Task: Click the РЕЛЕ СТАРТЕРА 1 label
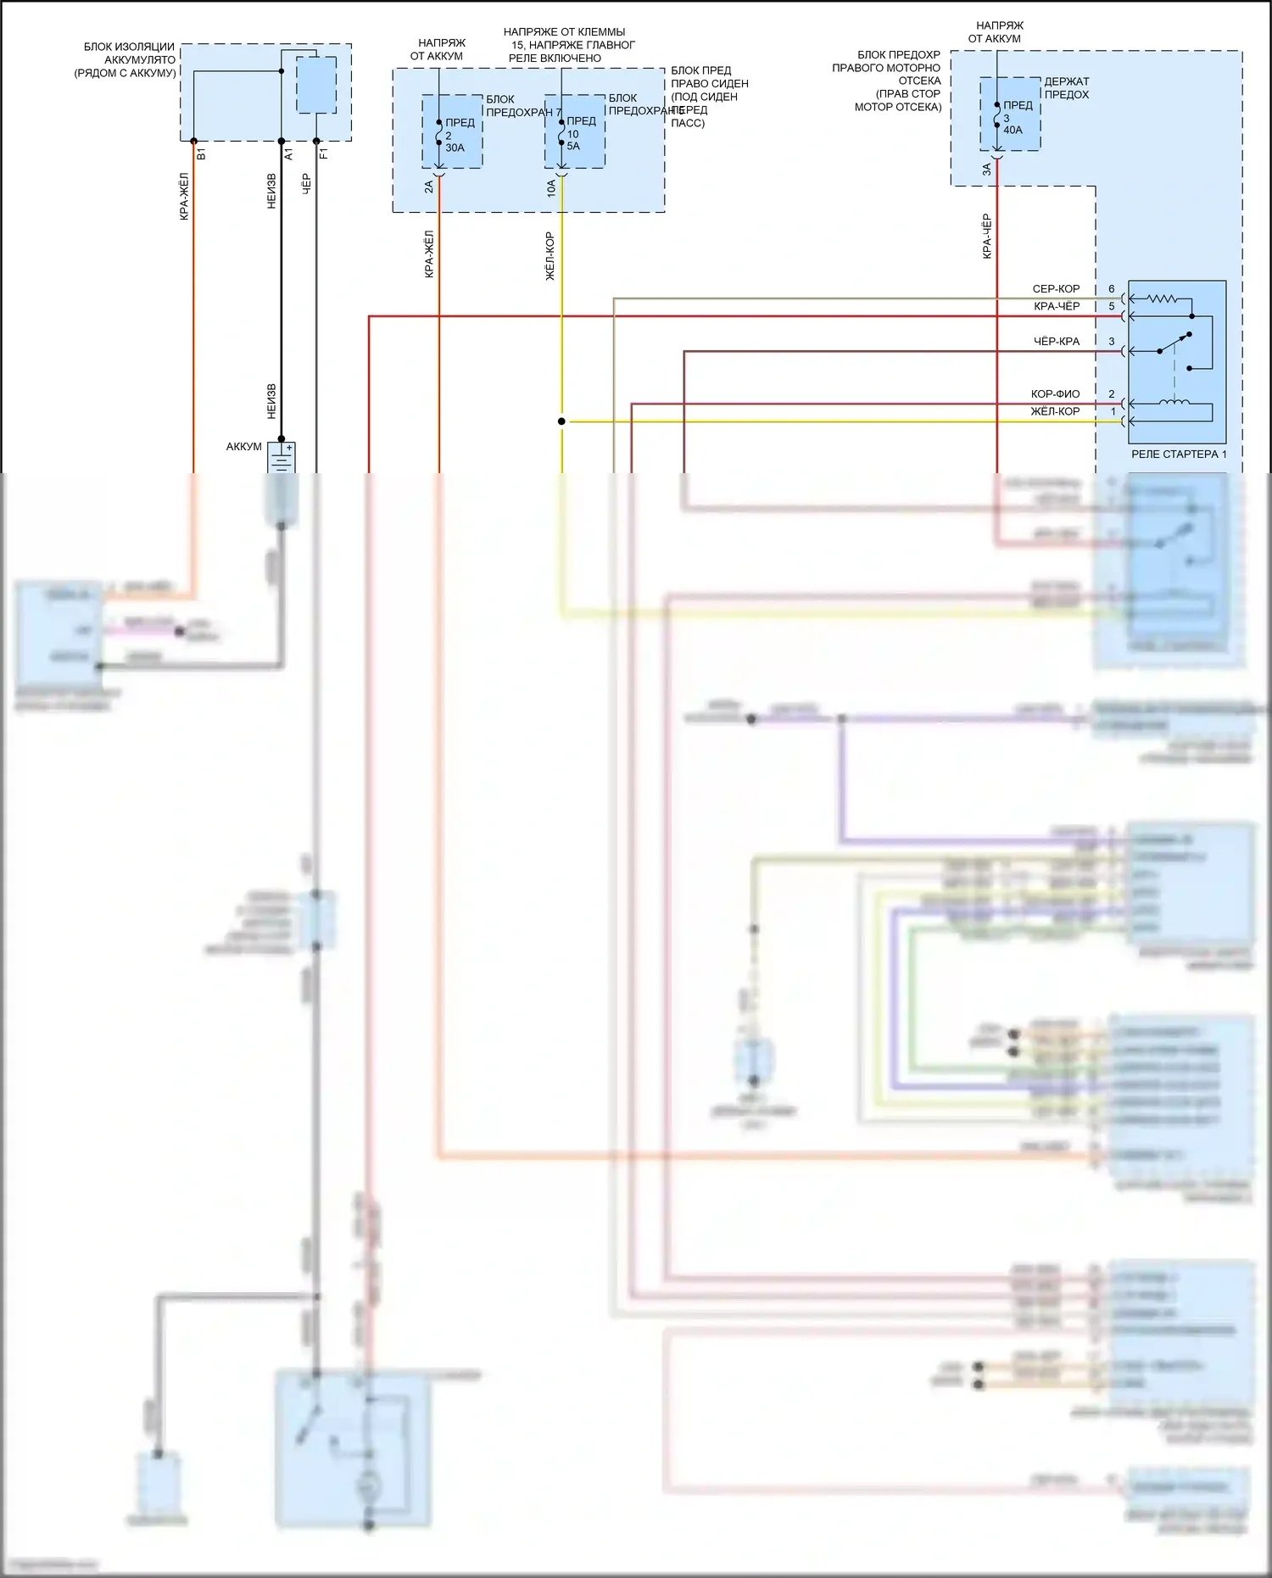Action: pyautogui.click(x=1178, y=454)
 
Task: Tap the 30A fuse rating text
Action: pyautogui.click(x=455, y=148)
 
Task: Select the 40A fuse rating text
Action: pyautogui.click(x=1013, y=130)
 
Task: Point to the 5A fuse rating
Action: pyautogui.click(x=573, y=146)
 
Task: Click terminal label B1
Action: pyautogui.click(x=201, y=154)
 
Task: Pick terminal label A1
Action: pyautogui.click(x=288, y=154)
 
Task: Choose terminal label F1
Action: pyautogui.click(x=323, y=154)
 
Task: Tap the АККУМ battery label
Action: pyautogui.click(x=243, y=447)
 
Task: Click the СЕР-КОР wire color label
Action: pyautogui.click(x=1056, y=289)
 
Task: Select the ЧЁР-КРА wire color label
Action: pyautogui.click(x=1057, y=342)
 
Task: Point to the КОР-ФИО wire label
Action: pyautogui.click(x=1055, y=394)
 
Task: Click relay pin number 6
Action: pyautogui.click(x=1112, y=289)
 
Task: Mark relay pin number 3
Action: pyautogui.click(x=1112, y=342)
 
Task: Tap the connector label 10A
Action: pyautogui.click(x=551, y=188)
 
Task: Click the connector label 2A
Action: pyautogui.click(x=429, y=187)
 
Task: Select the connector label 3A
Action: pyautogui.click(x=987, y=170)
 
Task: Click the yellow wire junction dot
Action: pyautogui.click(x=561, y=421)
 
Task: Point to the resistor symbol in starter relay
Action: pyautogui.click(x=1161, y=298)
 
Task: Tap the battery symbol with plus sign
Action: pyautogui.click(x=282, y=458)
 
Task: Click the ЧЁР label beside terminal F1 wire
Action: pyautogui.click(x=306, y=184)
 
